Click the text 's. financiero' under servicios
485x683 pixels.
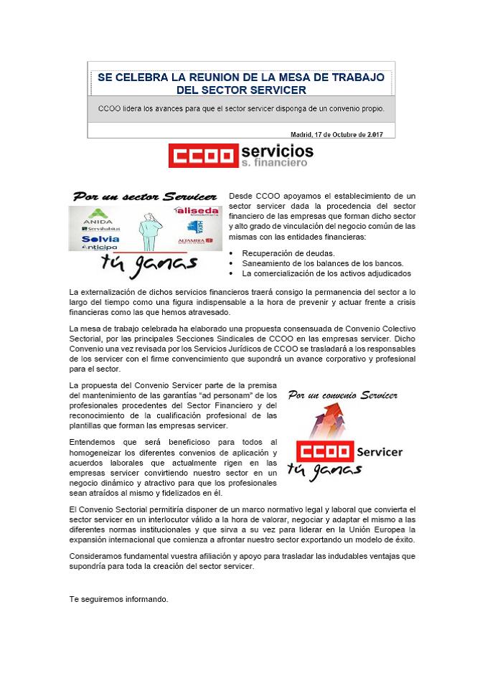274,163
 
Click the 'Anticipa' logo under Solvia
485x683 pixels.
100,248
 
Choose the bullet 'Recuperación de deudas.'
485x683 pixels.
288,253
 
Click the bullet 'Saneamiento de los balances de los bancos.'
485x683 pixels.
322,263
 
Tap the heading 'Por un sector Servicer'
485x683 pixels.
144,197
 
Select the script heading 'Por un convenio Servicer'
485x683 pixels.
342,395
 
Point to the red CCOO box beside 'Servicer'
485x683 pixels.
324,452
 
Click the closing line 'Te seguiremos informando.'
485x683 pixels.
118,598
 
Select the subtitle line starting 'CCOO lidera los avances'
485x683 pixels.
241,109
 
